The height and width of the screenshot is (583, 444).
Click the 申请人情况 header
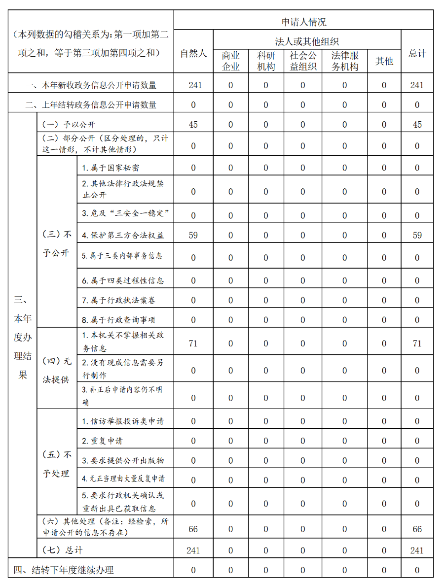[303, 22]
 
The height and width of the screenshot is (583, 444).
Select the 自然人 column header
[193, 53]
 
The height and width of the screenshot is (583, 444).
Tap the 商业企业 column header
[231, 61]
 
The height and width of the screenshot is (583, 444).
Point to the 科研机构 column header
[266, 61]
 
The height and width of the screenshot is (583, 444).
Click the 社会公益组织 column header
[303, 61]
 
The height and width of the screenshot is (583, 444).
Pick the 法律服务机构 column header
[344, 61]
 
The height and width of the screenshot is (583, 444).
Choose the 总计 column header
[417, 53]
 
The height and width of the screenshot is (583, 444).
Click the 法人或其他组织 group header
[307, 41]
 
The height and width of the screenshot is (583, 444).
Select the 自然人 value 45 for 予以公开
[193, 125]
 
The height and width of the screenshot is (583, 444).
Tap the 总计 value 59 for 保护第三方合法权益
[417, 235]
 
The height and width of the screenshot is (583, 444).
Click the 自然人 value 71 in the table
[193, 343]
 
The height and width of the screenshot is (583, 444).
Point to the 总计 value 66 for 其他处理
[417, 529]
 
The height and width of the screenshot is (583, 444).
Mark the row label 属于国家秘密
[111, 168]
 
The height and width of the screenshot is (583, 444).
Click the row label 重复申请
[102, 441]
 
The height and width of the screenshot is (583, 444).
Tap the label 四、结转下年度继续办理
[64, 570]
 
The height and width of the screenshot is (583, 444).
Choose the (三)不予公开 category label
[57, 244]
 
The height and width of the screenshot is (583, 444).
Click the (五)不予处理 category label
[57, 464]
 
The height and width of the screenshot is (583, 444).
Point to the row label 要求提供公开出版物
[123, 460]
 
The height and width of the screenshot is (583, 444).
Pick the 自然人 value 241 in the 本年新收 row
[193, 85]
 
